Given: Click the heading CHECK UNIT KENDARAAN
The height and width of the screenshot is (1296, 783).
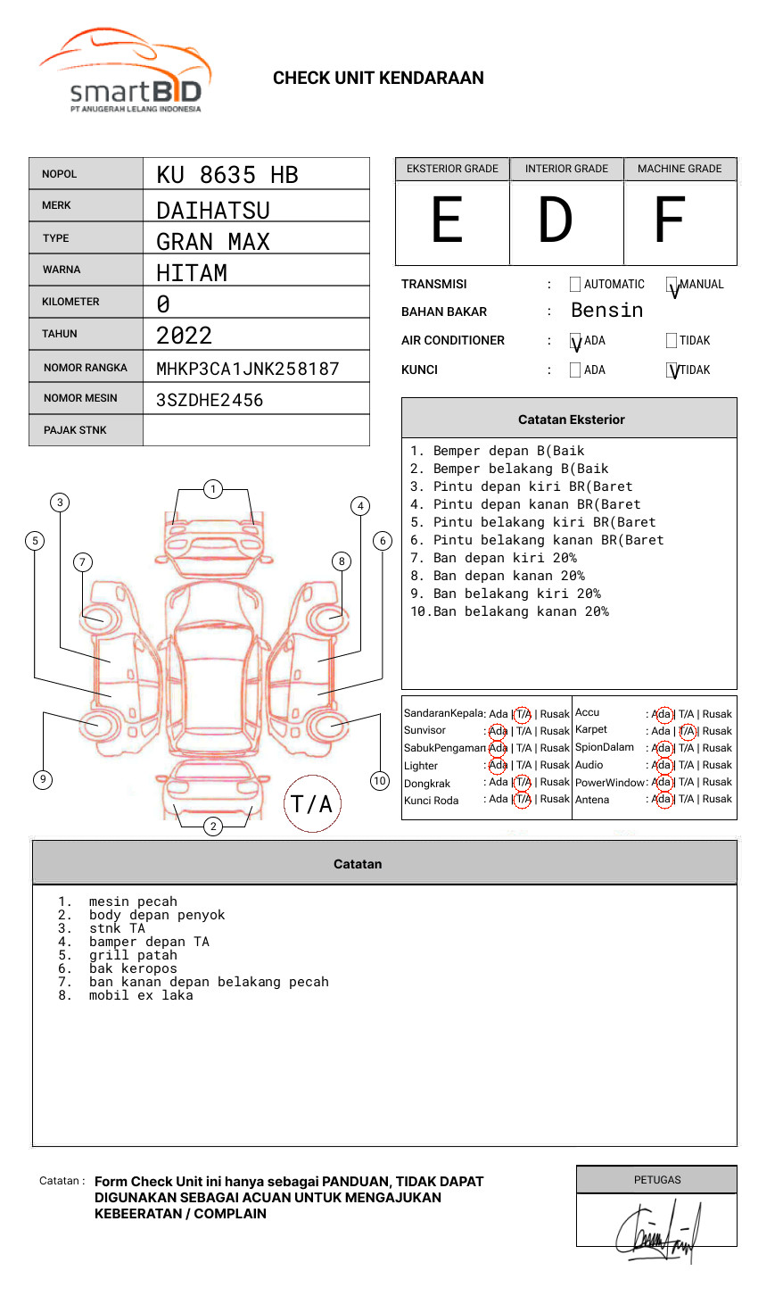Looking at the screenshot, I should (378, 79).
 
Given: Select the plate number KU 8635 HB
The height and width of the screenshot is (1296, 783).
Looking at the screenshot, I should (227, 175).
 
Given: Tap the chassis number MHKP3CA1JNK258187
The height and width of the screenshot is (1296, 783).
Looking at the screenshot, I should (248, 369).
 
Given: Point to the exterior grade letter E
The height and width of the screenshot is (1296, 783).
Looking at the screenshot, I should (448, 220).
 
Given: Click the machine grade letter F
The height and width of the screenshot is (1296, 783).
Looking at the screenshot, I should (669, 220).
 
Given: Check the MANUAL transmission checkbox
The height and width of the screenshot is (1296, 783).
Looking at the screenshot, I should (672, 285).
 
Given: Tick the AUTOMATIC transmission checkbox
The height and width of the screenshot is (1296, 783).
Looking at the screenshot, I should (575, 285).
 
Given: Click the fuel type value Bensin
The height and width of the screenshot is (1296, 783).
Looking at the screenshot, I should (606, 311).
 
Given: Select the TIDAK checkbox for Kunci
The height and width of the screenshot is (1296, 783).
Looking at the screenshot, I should (672, 370).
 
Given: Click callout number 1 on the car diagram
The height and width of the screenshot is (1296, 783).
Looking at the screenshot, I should (212, 488).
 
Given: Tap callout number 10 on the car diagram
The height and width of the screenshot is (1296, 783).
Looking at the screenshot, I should (380, 780).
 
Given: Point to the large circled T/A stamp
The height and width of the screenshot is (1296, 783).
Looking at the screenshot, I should (311, 804).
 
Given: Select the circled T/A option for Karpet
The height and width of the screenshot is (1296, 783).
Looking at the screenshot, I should (687, 731).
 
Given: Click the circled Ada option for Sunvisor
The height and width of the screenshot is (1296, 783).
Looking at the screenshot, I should (498, 731).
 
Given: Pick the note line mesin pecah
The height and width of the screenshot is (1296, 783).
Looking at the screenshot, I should (133, 901).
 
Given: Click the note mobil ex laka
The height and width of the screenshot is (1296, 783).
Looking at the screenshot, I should (141, 995).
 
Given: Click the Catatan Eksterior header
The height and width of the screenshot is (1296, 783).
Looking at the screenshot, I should (571, 420).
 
